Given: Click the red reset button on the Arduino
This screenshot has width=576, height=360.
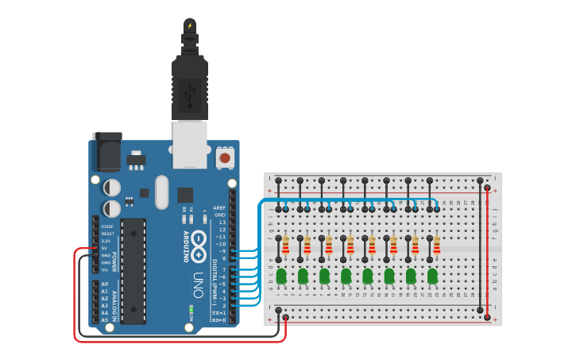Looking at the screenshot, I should point(225,158).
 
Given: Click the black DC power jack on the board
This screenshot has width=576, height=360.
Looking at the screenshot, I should point(106,151).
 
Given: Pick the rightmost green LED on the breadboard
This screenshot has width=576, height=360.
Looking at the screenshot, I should point(431,276).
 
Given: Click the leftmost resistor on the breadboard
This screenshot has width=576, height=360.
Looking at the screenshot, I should point(285,246).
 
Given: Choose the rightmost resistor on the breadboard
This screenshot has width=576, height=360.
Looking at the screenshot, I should point(435,246).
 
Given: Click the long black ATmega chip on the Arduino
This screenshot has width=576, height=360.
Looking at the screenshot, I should point(133,271).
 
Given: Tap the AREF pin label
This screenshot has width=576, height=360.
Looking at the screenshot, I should point(220,207).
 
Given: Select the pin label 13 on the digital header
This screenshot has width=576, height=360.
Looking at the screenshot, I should point(222,223).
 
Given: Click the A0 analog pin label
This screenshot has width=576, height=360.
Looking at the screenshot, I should point(105,284).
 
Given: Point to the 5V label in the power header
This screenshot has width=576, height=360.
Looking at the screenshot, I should point(105,247).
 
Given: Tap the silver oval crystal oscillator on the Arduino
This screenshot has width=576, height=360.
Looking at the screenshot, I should point(163,192).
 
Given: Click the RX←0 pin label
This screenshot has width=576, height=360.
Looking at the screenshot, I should point(218,319).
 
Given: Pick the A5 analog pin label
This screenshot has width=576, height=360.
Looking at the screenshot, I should point(105,319).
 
